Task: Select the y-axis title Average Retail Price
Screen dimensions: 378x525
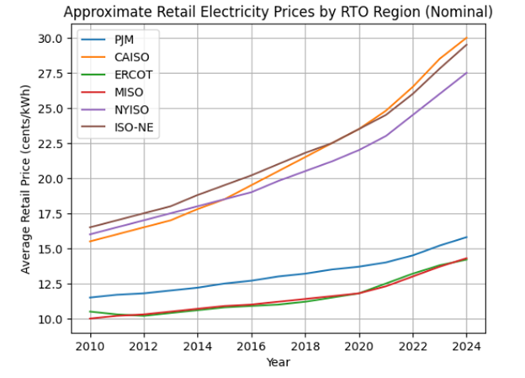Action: point(25,178)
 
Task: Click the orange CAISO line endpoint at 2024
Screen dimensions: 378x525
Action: point(466,38)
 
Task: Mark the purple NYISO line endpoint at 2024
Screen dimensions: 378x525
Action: point(466,72)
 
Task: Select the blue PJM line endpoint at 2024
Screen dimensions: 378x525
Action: point(466,237)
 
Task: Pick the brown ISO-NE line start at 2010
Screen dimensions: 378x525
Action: point(89,227)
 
